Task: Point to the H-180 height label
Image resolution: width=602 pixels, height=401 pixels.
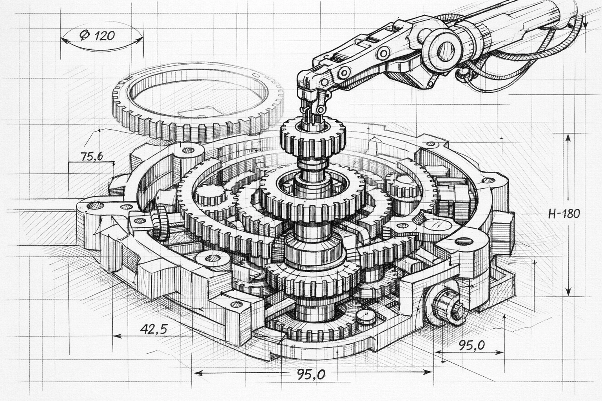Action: pos(564,214)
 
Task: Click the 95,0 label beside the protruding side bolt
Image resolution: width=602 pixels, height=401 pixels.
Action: pos(471,346)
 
